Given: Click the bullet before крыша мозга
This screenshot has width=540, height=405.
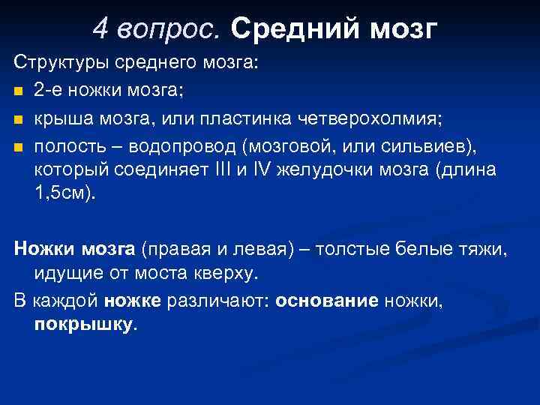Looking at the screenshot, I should coord(18,118).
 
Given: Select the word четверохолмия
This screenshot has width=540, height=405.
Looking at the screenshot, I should coord(368,117).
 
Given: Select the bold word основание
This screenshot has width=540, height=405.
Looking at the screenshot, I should coord(327,301).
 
